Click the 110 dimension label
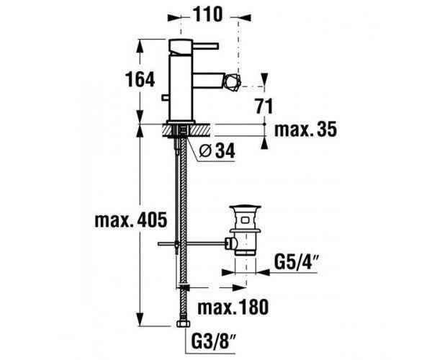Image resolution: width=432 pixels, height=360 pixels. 209,14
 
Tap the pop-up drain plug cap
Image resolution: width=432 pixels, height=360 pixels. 245,210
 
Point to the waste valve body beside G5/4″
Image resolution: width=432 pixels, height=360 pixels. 245,238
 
